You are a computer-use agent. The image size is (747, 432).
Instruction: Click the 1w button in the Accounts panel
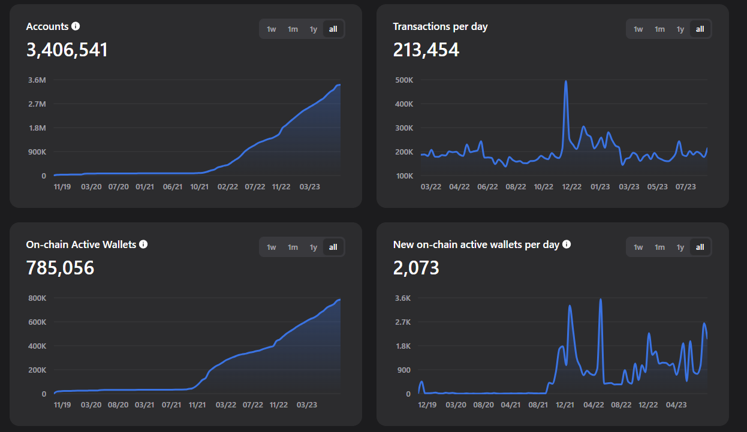[272, 29]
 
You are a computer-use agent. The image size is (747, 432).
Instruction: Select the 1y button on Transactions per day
[680, 29]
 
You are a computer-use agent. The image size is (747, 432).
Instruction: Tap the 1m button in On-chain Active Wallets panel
[293, 247]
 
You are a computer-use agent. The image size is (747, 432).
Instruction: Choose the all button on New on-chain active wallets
[700, 247]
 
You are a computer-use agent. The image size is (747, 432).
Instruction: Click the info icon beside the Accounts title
[76, 26]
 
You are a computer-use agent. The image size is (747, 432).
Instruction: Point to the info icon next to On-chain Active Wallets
[143, 244]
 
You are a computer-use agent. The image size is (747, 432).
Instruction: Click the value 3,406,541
[67, 50]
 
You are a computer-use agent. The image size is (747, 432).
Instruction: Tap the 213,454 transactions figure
[426, 50]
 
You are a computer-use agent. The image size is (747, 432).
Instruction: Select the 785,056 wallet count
[61, 268]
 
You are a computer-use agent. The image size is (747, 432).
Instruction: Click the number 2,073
[416, 268]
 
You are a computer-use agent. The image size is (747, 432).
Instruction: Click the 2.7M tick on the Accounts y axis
[37, 104]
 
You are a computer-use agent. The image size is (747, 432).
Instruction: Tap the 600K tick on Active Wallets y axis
[36, 322]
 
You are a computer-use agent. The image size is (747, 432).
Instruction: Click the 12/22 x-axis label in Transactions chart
[572, 187]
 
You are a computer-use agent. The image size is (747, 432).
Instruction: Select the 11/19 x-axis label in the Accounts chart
[62, 187]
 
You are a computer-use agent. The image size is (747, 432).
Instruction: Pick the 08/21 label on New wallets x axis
[538, 405]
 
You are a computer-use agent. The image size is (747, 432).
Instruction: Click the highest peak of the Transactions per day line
[566, 81]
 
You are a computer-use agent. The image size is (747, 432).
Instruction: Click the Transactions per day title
[440, 26]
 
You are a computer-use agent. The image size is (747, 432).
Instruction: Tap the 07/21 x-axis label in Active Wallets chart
[171, 405]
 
